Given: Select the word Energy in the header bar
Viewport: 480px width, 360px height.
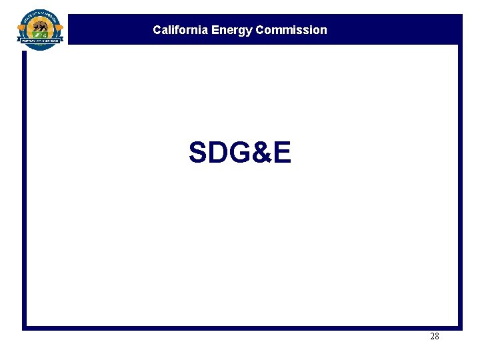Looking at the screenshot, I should (x=232, y=30).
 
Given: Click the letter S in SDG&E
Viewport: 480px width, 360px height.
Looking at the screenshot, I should (x=199, y=153).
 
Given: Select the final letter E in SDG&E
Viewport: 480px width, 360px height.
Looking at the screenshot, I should (x=282, y=153).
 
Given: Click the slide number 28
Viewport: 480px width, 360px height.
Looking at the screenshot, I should (x=435, y=337).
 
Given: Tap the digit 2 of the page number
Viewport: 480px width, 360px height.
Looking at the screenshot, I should (x=432, y=337).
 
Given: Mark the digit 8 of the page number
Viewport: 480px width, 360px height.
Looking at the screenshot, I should (x=437, y=337).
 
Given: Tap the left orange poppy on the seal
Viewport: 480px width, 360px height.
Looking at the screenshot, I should (x=22, y=28).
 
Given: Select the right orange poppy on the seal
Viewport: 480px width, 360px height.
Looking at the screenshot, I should (x=59, y=28).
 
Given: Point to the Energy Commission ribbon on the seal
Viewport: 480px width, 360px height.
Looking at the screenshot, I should (x=40, y=41).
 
